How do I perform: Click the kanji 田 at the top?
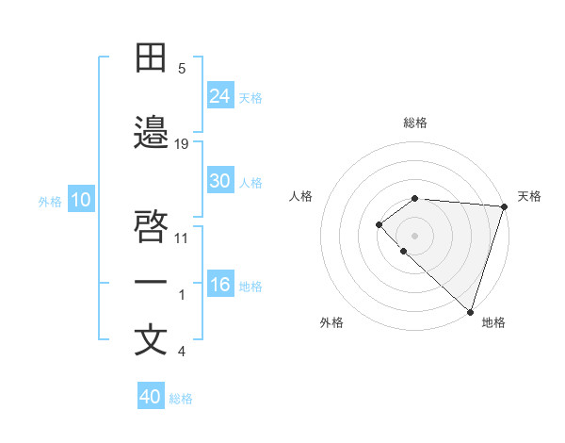click(x=152, y=58)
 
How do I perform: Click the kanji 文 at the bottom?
click(x=152, y=340)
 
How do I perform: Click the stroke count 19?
click(x=182, y=144)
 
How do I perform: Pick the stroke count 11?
click(x=182, y=238)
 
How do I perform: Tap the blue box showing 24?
click(x=220, y=96)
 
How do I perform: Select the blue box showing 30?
click(x=220, y=181)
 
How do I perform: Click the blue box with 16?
click(x=220, y=285)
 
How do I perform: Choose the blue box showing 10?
click(x=81, y=200)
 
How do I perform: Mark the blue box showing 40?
click(x=151, y=397)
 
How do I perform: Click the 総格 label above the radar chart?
click(x=415, y=123)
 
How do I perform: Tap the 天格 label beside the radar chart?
click(x=529, y=196)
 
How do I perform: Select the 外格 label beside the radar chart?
click(x=331, y=322)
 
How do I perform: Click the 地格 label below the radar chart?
click(x=493, y=322)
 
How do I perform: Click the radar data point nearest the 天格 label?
click(x=504, y=206)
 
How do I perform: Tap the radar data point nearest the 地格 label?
click(x=470, y=311)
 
